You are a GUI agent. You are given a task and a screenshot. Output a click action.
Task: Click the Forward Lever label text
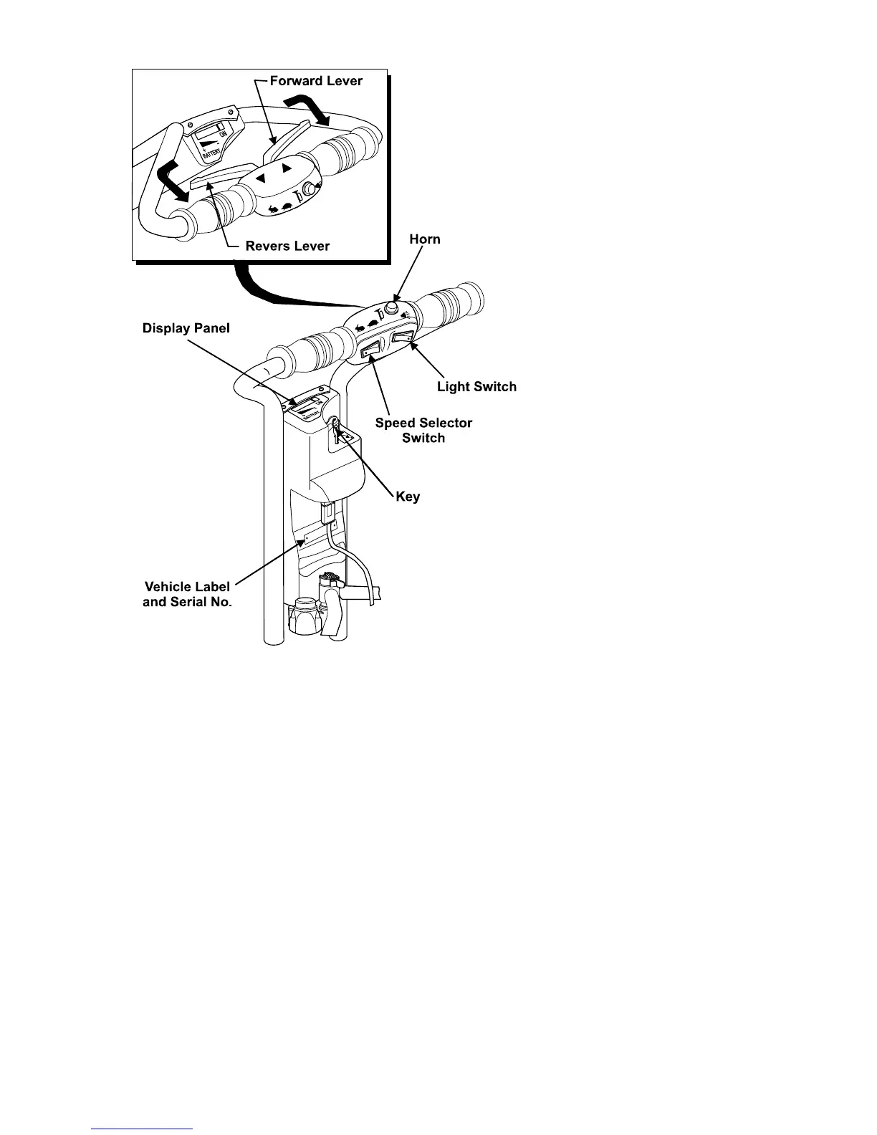pyautogui.click(x=316, y=81)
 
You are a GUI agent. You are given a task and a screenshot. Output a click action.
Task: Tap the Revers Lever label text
pyautogui.click(x=287, y=246)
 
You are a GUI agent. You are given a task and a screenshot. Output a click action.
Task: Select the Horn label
pyautogui.click(x=425, y=239)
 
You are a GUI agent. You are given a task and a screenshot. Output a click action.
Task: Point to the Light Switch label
pyautogui.click(x=476, y=387)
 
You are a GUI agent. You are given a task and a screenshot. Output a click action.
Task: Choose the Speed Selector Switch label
pyautogui.click(x=423, y=430)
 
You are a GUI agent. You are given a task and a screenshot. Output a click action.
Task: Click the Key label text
pyautogui.click(x=408, y=497)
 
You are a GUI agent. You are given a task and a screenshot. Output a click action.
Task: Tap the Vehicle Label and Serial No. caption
pyautogui.click(x=187, y=594)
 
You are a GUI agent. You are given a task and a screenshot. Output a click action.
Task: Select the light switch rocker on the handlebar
pyautogui.click(x=403, y=337)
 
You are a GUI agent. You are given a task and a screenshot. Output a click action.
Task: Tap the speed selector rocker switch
pyautogui.click(x=371, y=350)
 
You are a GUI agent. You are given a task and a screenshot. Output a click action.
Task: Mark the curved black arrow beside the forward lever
pyautogui.click(x=308, y=112)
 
